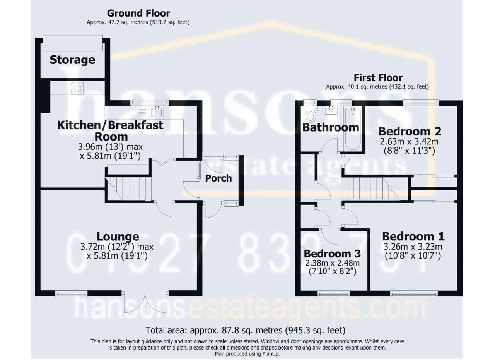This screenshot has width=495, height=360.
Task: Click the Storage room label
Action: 72,60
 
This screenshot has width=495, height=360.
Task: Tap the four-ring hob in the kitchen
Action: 77,87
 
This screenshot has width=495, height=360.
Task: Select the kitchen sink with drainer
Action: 150,112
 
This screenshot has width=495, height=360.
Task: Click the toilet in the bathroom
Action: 311,114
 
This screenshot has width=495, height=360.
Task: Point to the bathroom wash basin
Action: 331,111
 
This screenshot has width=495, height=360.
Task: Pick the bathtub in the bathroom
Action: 353,129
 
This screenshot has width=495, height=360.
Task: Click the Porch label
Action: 218,178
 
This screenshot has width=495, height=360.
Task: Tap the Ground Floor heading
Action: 138,13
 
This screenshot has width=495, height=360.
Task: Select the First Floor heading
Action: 378,78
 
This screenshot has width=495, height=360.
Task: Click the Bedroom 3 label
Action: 332,254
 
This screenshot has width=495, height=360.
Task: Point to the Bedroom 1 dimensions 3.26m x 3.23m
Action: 413,246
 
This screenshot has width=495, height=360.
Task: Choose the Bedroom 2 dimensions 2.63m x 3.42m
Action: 409,142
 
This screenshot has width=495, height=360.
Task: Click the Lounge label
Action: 118,237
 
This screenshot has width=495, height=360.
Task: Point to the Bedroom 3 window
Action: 334,294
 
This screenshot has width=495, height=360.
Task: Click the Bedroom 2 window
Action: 421,102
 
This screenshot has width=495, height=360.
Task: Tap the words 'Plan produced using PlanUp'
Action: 247,354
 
